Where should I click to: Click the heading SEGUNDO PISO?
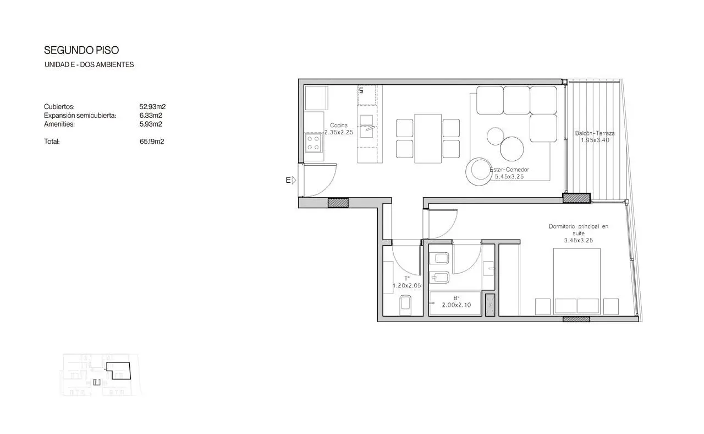point(81,50)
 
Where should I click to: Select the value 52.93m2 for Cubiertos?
point(152,107)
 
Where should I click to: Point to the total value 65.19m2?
point(152,142)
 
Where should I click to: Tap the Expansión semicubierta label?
point(80,116)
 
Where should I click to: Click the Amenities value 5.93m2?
point(151,124)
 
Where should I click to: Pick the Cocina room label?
point(339,125)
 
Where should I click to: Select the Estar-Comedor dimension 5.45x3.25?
point(509,177)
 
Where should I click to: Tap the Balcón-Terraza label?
point(595,133)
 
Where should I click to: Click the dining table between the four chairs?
point(428,138)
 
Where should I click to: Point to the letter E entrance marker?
point(288,180)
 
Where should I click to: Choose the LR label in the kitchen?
point(361,91)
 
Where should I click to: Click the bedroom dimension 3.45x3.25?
point(579,241)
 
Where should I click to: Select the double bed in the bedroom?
point(577,281)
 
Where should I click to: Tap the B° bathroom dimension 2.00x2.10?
point(457,305)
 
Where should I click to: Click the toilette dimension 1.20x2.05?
point(406,286)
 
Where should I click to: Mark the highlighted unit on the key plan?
point(118,371)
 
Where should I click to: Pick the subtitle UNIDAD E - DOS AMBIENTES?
point(89,65)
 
